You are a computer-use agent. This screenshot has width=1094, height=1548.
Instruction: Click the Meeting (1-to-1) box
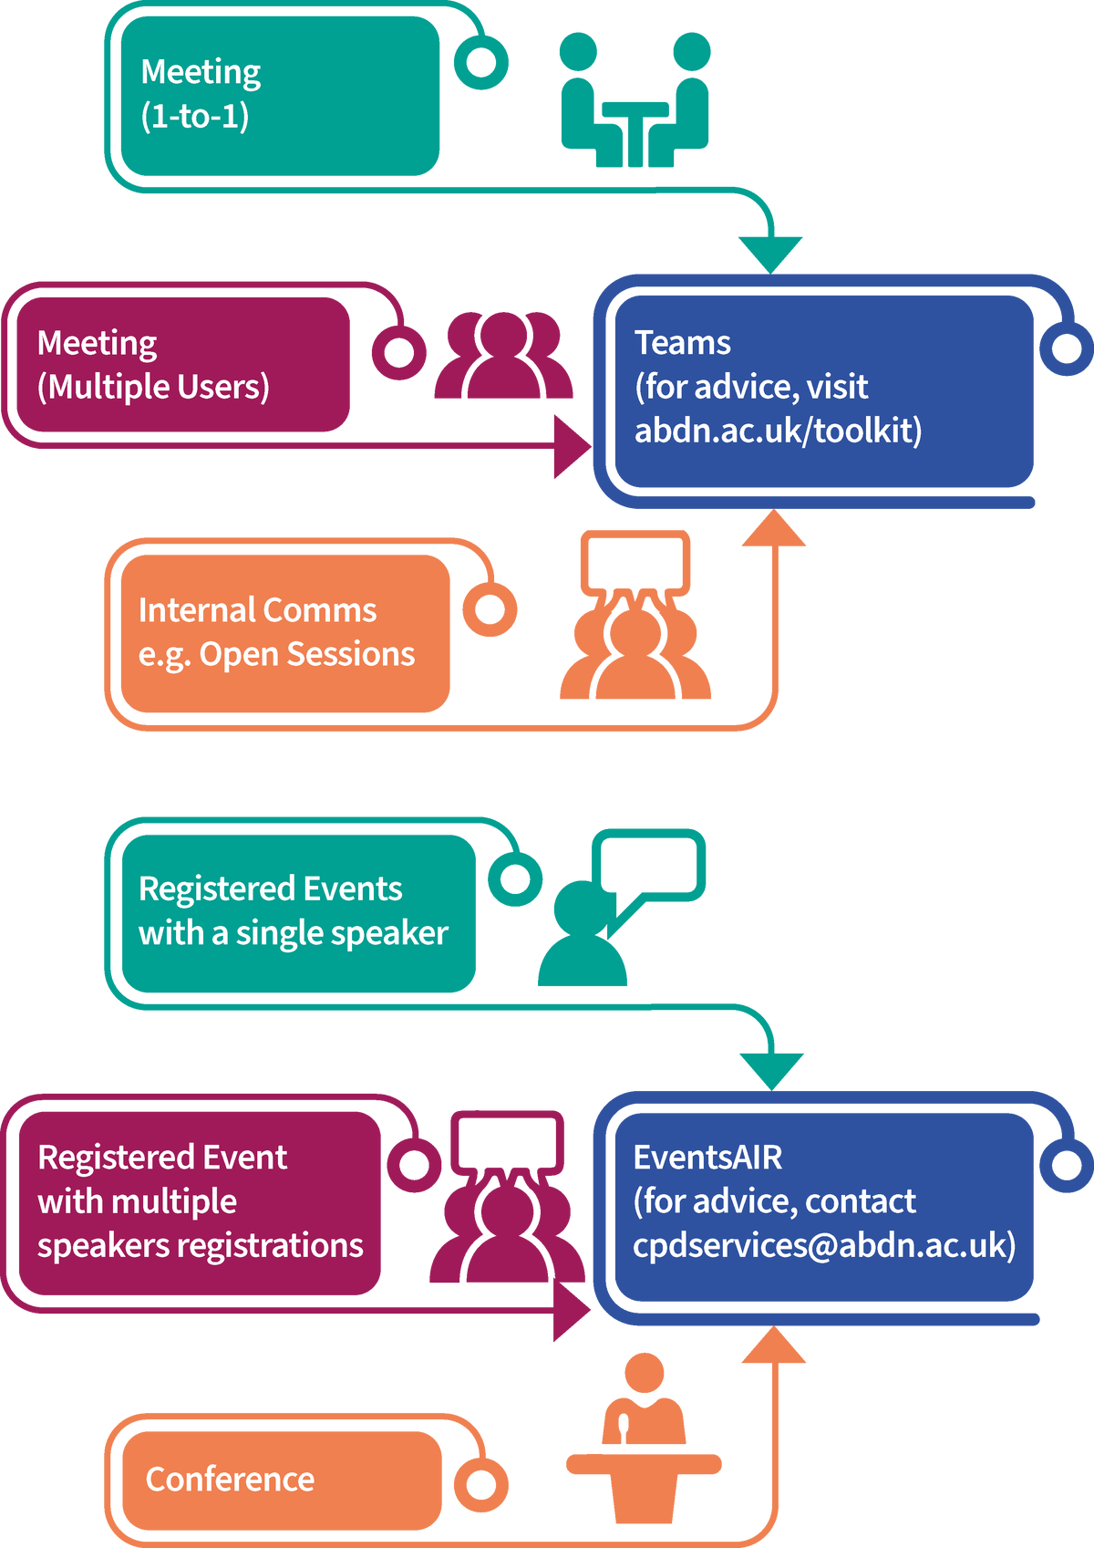point(279,96)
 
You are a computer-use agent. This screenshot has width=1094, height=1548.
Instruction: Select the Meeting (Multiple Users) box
point(182,364)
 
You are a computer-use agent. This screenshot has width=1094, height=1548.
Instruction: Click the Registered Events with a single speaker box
point(297,912)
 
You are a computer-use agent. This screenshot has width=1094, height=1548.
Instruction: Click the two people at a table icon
point(635,100)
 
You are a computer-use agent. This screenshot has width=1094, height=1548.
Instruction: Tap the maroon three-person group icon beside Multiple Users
point(503,356)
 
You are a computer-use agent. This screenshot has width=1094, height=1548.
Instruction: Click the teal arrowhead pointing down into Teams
point(770,252)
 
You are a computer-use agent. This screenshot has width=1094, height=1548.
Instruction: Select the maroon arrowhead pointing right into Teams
point(572,447)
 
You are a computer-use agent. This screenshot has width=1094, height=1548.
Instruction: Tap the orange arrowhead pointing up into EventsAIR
point(773,1346)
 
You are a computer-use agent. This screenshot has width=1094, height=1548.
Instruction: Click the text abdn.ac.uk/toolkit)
point(778,430)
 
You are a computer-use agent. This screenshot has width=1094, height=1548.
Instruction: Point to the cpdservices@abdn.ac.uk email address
point(823,1245)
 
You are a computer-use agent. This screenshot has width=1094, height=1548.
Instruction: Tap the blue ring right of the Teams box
point(1066,348)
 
